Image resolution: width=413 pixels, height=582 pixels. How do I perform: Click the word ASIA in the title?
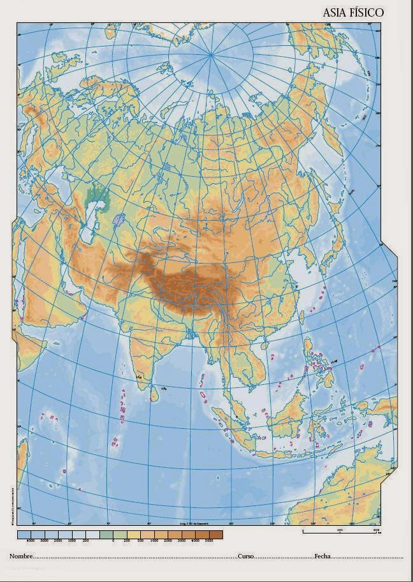coord(337,12)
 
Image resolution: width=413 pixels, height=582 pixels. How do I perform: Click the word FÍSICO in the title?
coord(368,12)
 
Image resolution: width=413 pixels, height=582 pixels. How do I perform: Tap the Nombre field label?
coord(20,556)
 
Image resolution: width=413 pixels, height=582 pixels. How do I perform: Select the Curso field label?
coord(246,556)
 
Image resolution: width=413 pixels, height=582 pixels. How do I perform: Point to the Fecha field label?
coord(322,556)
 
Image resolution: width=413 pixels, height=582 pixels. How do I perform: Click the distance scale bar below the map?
coord(341,529)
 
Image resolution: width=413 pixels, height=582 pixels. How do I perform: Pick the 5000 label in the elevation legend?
coord(217,541)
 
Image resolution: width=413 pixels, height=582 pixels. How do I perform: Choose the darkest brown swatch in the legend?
coord(217,535)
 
